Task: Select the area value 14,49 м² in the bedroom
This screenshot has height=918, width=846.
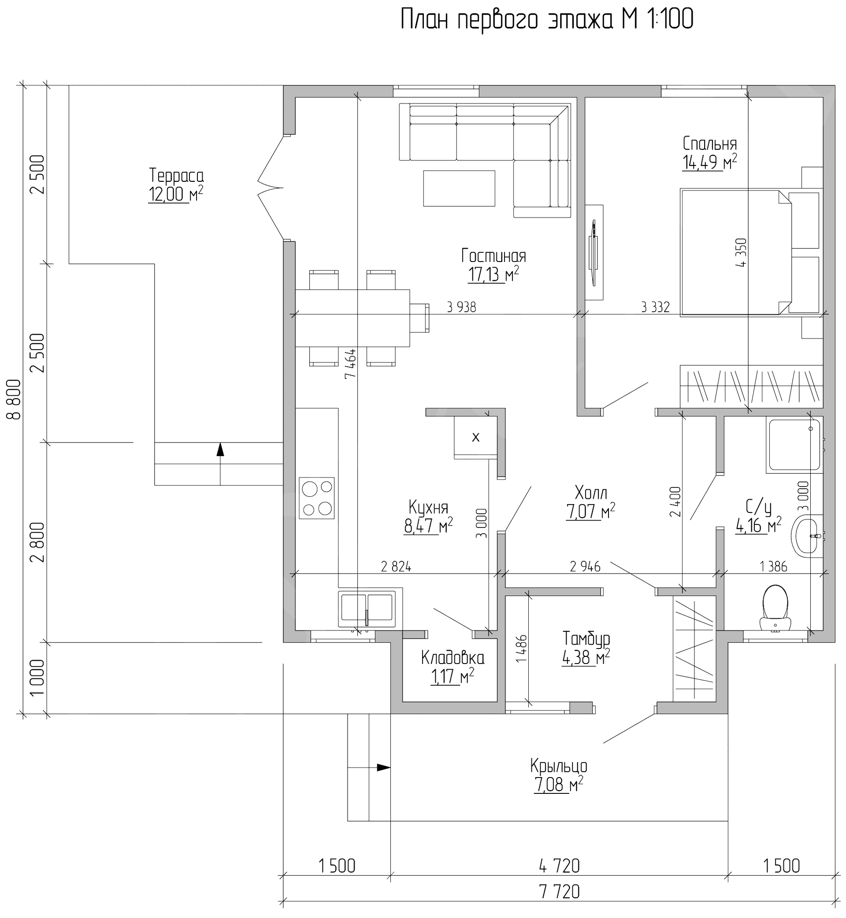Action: point(709,162)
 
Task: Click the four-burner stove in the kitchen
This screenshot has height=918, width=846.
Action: point(316,498)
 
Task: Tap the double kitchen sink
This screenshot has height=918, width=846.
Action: point(367,609)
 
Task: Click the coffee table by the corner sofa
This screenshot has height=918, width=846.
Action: point(459,188)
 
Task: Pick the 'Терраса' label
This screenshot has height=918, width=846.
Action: point(176,176)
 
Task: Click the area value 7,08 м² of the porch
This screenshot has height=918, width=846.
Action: point(558,785)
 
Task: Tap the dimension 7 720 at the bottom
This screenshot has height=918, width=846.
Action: point(560,892)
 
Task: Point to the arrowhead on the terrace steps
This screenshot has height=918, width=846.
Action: point(220,450)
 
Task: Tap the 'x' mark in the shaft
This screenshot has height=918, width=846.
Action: point(475,437)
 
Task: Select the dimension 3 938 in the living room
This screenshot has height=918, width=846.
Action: point(461,307)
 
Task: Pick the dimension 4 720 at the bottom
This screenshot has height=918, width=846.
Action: point(560,866)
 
